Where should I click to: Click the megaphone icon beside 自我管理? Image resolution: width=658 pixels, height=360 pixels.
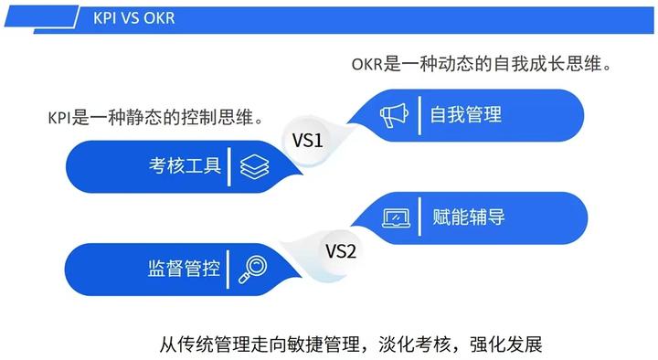(394, 115)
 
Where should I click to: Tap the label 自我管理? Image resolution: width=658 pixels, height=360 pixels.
(466, 115)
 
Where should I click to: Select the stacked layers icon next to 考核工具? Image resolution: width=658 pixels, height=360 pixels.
(254, 166)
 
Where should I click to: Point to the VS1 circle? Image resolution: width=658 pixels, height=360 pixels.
(308, 141)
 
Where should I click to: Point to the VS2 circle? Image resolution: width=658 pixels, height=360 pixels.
(340, 249)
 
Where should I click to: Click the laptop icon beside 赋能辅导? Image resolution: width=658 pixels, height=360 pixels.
(396, 217)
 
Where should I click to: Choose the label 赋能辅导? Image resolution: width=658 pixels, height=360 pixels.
(468, 217)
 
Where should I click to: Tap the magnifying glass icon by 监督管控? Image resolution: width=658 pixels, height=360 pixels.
(253, 269)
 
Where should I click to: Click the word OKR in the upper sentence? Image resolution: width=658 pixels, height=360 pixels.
(366, 66)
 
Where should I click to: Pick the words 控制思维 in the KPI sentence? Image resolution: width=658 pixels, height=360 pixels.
(232, 118)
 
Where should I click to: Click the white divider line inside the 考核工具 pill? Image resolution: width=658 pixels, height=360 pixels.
(228, 166)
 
